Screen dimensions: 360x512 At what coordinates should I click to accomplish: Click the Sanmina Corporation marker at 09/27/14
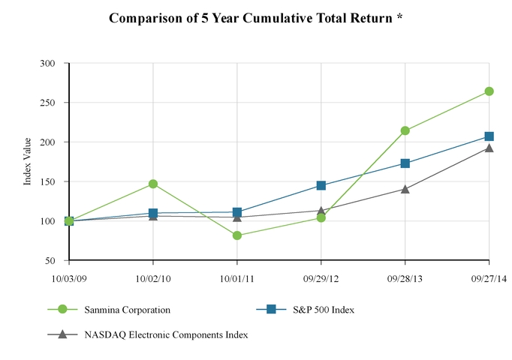489,91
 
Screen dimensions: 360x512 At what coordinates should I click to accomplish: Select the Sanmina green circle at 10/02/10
153,184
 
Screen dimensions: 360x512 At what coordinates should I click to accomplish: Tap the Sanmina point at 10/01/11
237,235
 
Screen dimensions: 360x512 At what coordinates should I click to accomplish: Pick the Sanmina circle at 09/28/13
405,130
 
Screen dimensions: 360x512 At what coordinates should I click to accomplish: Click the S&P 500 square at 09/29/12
321,185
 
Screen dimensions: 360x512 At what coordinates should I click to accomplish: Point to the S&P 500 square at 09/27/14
489,136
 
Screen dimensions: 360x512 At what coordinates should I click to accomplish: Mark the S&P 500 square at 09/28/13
405,163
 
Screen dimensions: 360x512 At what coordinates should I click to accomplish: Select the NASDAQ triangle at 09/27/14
489,148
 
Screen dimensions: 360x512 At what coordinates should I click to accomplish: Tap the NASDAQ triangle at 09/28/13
405,189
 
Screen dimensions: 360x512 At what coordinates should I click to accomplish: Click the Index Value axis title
28,162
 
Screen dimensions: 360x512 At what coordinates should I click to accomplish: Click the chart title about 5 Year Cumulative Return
256,17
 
